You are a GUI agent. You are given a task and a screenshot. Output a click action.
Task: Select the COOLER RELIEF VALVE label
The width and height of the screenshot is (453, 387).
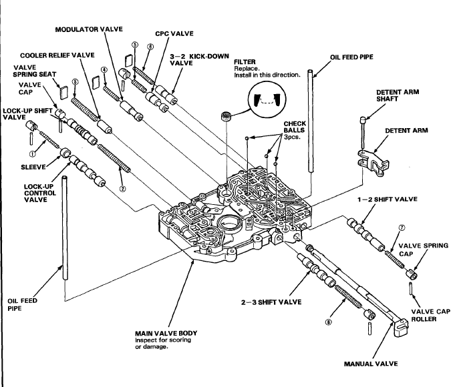56,54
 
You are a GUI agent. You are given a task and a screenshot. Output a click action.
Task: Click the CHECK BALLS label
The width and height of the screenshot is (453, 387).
295,129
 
